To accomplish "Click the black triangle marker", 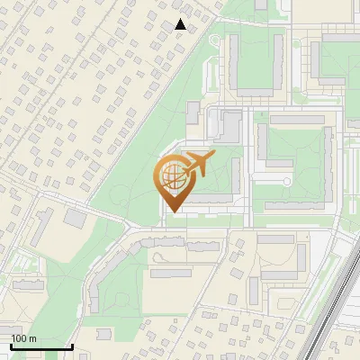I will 181,24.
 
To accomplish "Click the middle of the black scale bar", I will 41,346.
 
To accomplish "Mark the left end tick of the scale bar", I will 11,346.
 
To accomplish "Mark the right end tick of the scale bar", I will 72,346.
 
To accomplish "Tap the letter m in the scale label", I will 32,338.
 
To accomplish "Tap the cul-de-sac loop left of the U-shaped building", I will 286,182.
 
